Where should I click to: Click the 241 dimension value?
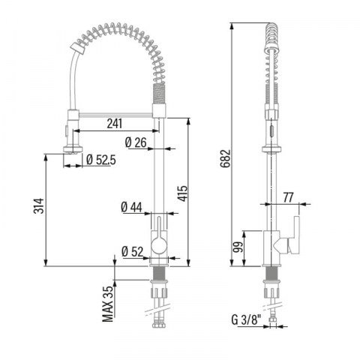pyautogui.click(x=115, y=124)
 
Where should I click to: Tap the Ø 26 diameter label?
pyautogui.click(x=136, y=142)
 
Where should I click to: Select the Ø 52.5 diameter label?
pyautogui.click(x=101, y=160)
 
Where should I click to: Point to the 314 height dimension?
pyautogui.click(x=39, y=205)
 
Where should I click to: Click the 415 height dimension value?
pyautogui.click(x=182, y=193)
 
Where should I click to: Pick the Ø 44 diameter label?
pyautogui.click(x=131, y=207)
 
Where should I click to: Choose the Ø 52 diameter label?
pyautogui.click(x=133, y=252)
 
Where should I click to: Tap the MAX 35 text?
pyautogui.click(x=108, y=304)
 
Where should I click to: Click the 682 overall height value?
pyautogui.click(x=225, y=158)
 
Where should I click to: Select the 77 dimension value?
pyautogui.click(x=288, y=197)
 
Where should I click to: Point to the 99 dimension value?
pyautogui.click(x=238, y=247)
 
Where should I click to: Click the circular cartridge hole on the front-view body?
pyautogui.click(x=159, y=245)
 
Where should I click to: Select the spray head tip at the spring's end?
pyautogui.click(x=77, y=47)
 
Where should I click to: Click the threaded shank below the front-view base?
pyautogui.click(x=159, y=273)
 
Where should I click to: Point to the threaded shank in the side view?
pyautogui.click(x=271, y=273)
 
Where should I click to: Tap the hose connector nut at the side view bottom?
pyautogui.click(x=271, y=319)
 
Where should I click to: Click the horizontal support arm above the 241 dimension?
pyautogui.click(x=115, y=115)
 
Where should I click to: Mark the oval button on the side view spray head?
pyautogui.click(x=271, y=130)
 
